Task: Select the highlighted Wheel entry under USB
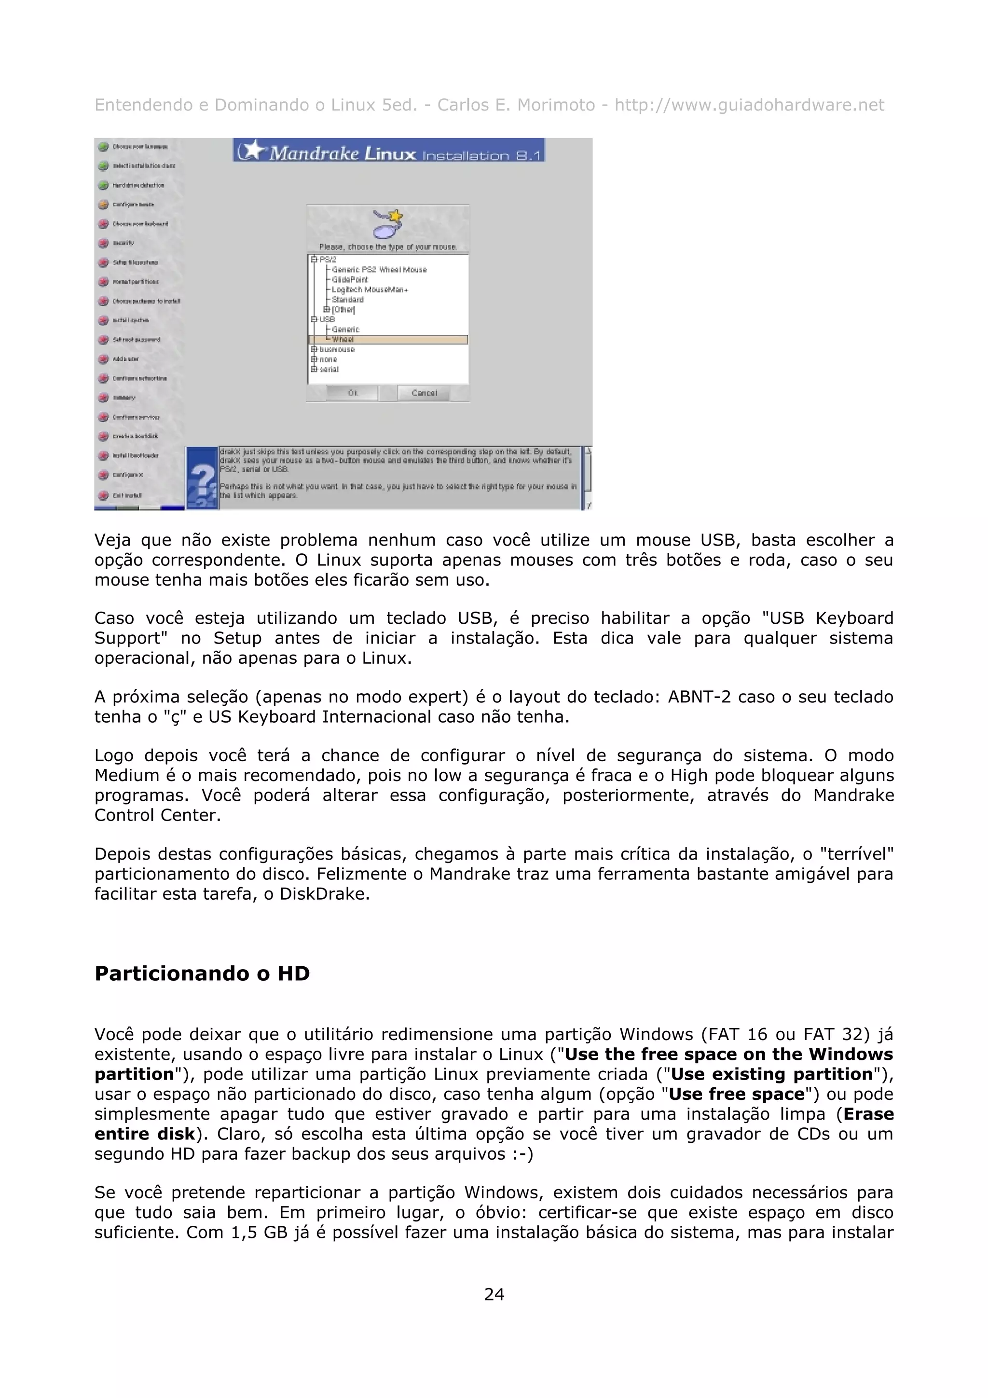343,340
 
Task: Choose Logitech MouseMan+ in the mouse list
370,290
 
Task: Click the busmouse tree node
337,349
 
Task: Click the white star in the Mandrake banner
256,149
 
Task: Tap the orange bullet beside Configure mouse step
104,205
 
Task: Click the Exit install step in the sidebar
126,495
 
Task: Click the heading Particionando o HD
202,973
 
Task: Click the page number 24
494,1294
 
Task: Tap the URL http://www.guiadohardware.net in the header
749,105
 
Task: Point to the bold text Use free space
737,1094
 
